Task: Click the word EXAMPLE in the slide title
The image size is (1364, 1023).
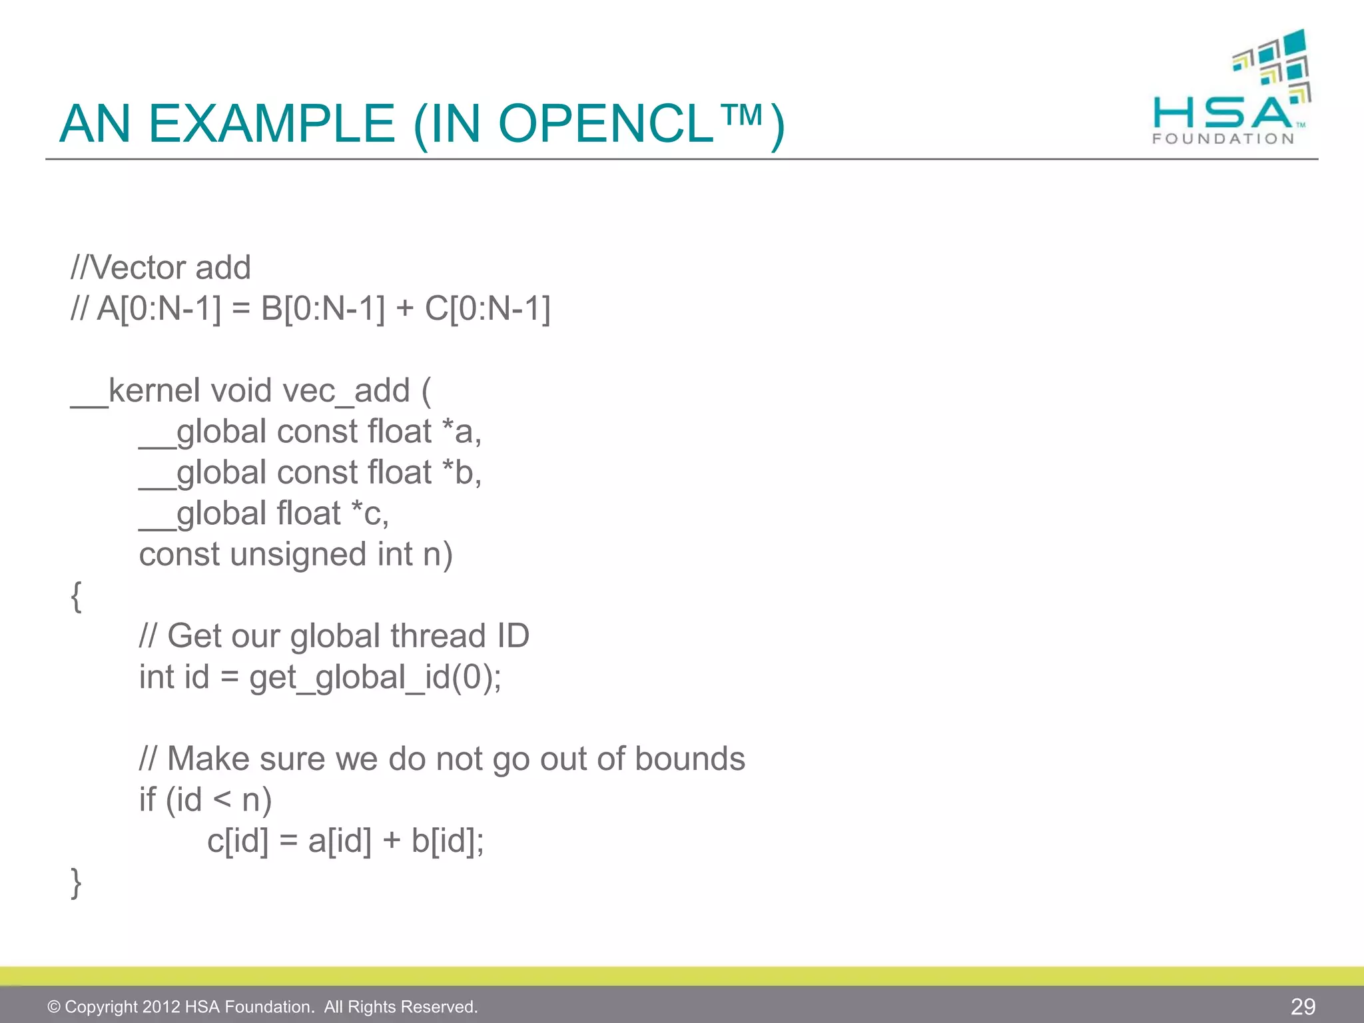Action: click(x=271, y=124)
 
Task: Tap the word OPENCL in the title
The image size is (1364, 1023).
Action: click(x=606, y=124)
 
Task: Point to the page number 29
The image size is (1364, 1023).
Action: click(x=1303, y=1006)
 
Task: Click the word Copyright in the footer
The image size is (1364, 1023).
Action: click(x=101, y=1006)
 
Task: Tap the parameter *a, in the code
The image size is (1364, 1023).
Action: click(x=462, y=432)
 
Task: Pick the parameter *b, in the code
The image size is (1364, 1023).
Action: click(x=462, y=473)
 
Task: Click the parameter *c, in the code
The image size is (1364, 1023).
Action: click(x=370, y=513)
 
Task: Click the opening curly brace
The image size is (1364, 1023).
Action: click(x=77, y=595)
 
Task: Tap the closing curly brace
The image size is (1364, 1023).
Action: click(x=77, y=882)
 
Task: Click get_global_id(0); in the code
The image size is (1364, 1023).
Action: click(x=376, y=678)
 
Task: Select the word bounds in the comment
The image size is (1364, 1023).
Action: click(x=689, y=759)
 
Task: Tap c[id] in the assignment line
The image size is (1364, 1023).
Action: click(x=238, y=841)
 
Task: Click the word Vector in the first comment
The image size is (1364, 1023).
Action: click(x=137, y=268)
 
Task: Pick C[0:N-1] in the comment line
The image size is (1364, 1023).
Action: click(x=488, y=309)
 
